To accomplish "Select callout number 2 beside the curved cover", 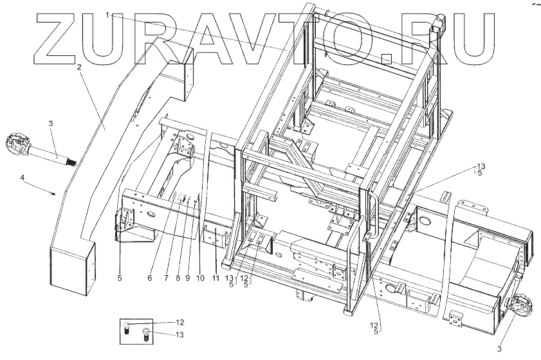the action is (x=78, y=67).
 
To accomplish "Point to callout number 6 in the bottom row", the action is (x=149, y=278).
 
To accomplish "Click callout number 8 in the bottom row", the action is (x=178, y=278).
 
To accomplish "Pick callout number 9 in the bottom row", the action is (x=187, y=278).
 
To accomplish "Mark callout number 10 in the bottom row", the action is (x=200, y=278).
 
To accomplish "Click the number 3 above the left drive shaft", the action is (x=51, y=122).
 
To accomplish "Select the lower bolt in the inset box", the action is (x=146, y=335).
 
